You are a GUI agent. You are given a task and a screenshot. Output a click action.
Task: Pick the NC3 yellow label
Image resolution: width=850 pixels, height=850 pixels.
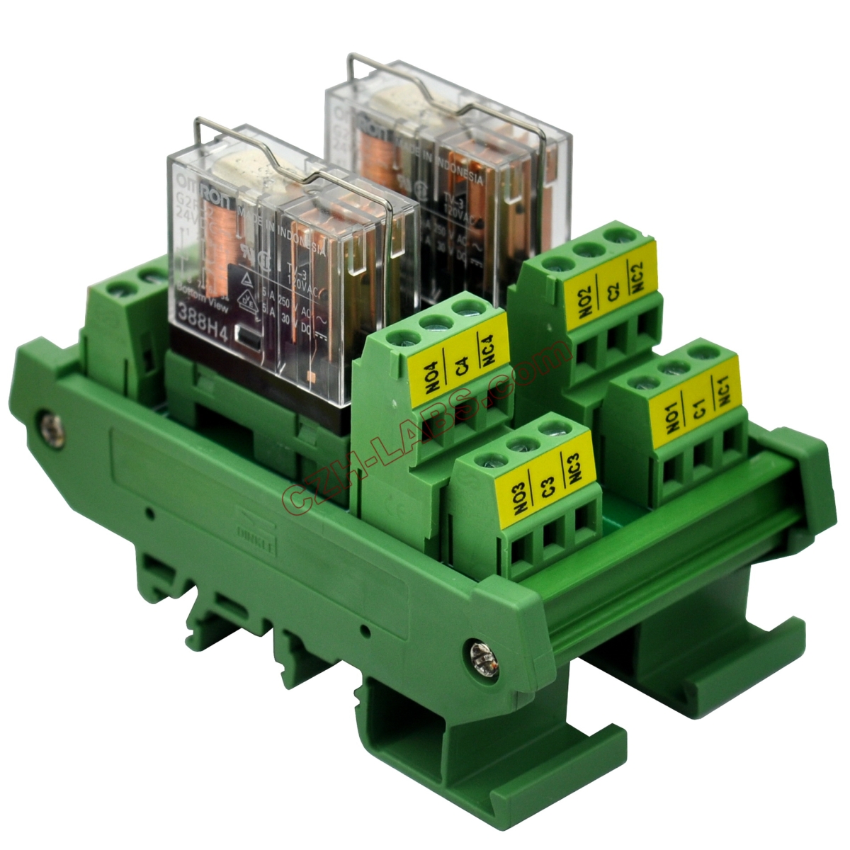click(x=574, y=473)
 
